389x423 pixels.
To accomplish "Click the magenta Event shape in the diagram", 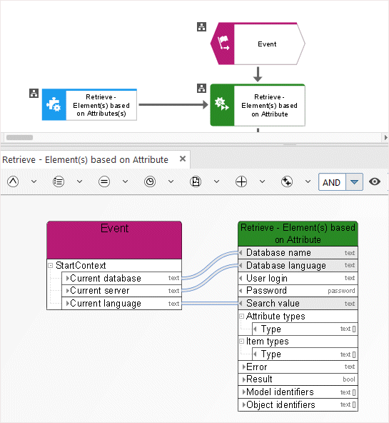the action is click(x=258, y=44).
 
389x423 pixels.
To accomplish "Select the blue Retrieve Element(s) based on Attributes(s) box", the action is click(x=89, y=104).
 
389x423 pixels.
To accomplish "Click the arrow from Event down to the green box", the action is click(x=258, y=74).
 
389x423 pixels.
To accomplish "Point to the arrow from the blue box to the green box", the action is click(x=173, y=104).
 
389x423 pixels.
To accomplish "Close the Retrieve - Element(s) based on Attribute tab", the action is click(x=183, y=159).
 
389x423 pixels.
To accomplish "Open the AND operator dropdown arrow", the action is click(x=354, y=182).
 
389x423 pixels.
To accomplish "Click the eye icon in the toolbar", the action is click(x=375, y=181).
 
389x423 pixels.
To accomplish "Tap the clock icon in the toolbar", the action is click(x=150, y=181).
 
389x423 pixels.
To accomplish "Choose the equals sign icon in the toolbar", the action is click(x=104, y=181).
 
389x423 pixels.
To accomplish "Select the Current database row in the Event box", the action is click(x=121, y=278).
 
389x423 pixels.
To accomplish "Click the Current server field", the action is click(x=121, y=291).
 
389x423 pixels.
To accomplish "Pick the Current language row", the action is click(x=121, y=304).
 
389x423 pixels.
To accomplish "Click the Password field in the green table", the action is click(x=298, y=291).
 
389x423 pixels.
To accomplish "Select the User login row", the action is click(x=298, y=278).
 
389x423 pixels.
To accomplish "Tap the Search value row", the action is click(x=298, y=304).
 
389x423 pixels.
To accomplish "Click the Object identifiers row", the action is click(x=298, y=404).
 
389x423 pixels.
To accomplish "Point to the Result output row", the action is click(x=298, y=379).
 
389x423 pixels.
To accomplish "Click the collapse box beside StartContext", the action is click(x=51, y=266).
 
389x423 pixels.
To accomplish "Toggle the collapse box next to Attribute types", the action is click(x=242, y=316).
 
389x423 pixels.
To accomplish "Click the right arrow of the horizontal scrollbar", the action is click(x=385, y=138).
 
